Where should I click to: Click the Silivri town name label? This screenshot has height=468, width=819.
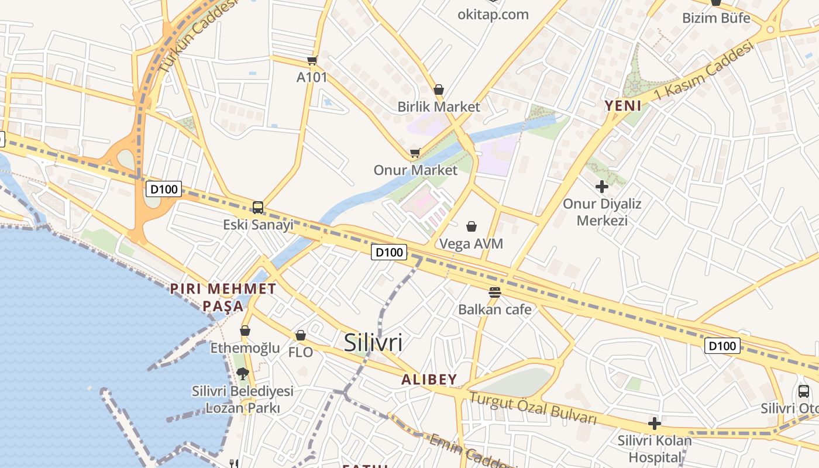(x=373, y=342)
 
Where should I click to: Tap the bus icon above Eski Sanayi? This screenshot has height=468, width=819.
(x=258, y=207)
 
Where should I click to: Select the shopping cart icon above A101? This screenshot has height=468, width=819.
(x=312, y=60)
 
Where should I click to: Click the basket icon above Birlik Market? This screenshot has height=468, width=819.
(x=439, y=90)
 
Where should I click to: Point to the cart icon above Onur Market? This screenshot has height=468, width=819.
(x=415, y=153)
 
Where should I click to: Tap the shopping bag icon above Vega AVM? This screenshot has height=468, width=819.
(x=472, y=226)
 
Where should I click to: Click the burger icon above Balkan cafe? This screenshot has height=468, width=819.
(x=495, y=292)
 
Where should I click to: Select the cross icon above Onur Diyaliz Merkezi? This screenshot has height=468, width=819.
(x=601, y=187)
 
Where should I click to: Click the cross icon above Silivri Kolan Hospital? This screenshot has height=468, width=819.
(x=655, y=423)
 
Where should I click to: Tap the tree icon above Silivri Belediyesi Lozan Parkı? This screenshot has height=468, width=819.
(x=243, y=373)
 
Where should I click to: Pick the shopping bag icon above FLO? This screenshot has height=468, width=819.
(x=301, y=335)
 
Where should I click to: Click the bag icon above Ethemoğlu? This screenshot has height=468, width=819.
(x=245, y=331)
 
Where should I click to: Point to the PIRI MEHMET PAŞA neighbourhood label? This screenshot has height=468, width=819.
(x=223, y=297)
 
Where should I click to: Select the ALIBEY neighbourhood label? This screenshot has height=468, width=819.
(x=429, y=379)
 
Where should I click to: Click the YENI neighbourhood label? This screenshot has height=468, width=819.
(x=623, y=106)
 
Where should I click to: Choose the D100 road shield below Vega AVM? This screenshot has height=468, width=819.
(x=389, y=252)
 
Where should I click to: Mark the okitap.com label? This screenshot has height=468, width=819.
(x=493, y=14)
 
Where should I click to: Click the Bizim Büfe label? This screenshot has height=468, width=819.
(x=716, y=18)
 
